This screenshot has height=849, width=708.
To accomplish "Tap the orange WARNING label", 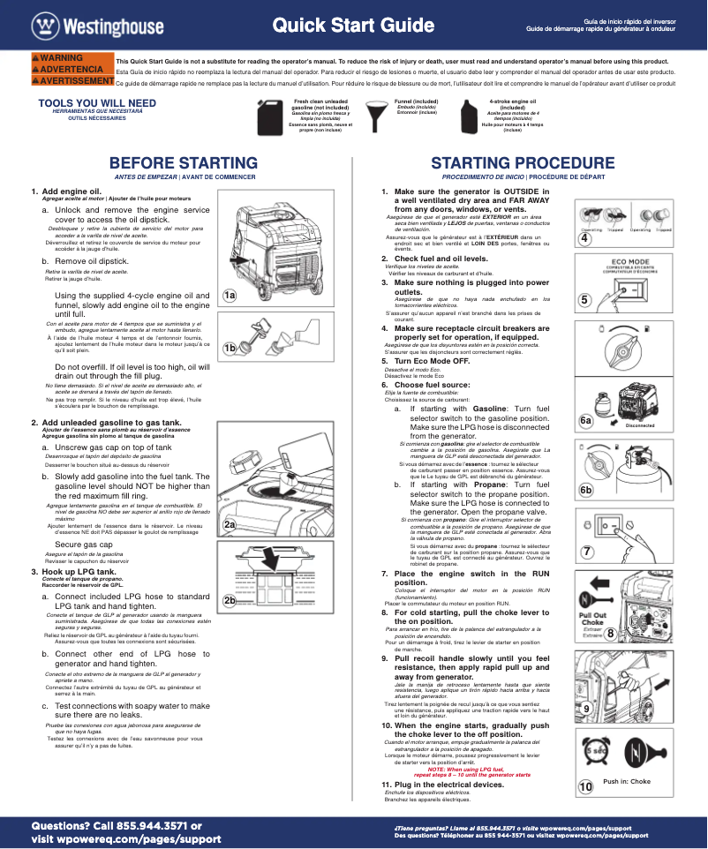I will click(x=59, y=58).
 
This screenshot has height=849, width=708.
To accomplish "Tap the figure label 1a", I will click(x=230, y=295).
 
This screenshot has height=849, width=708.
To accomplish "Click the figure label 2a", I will click(x=230, y=524).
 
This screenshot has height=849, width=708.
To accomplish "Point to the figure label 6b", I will click(x=585, y=490).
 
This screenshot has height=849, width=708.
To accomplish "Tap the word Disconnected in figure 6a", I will click(x=640, y=425).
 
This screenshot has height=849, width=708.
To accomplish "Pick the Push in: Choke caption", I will click(x=626, y=781).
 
